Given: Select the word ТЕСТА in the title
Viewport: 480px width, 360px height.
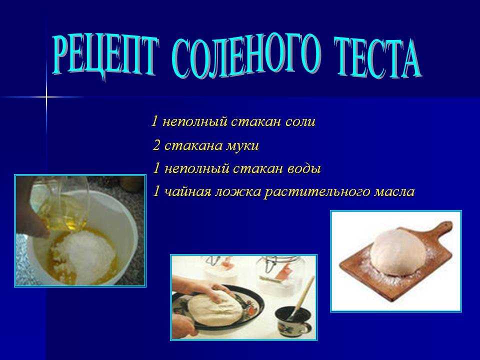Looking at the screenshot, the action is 377,58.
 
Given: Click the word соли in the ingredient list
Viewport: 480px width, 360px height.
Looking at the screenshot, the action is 300,122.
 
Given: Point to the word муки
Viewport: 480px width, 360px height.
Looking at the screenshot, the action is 242,146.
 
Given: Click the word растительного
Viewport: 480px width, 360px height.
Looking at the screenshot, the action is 317,192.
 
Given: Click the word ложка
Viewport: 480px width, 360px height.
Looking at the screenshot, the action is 238,192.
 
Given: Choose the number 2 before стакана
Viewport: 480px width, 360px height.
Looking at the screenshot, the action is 156,145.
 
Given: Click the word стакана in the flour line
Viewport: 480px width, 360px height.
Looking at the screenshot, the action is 193,146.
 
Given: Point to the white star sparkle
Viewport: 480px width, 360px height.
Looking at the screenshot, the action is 46,97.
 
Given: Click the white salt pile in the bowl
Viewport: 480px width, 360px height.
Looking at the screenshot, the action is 89,254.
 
